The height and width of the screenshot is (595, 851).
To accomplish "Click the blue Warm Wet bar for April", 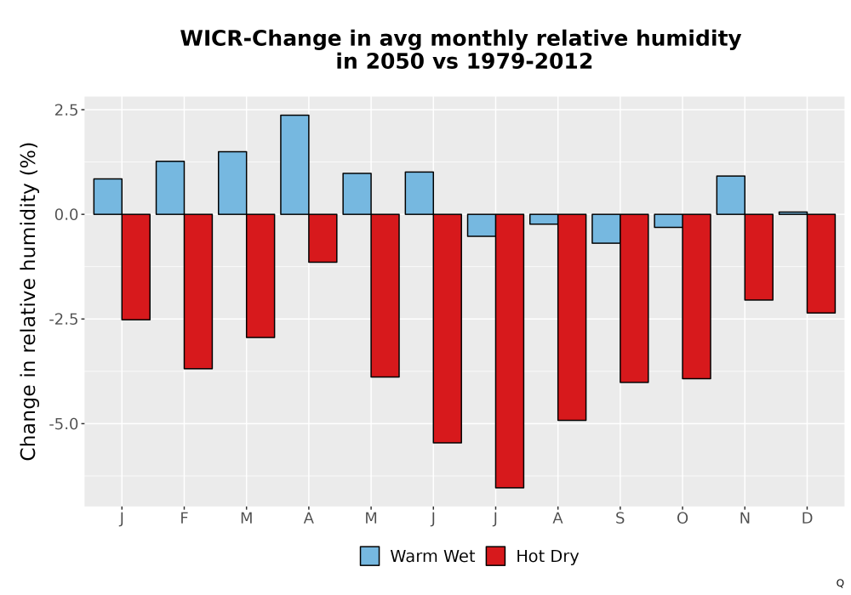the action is (x=294, y=165).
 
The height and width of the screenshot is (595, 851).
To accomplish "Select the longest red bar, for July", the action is (x=510, y=351).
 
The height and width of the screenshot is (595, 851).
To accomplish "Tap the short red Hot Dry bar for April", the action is (x=323, y=239).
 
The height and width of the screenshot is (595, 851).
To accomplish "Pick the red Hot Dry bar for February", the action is (x=198, y=292).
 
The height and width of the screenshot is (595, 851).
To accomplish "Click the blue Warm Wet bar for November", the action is (x=730, y=195).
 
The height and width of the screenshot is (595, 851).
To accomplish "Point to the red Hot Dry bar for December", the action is (x=821, y=263).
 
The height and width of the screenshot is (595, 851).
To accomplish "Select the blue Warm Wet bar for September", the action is (x=606, y=229).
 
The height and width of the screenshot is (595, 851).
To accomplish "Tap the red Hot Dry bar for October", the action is (x=696, y=297).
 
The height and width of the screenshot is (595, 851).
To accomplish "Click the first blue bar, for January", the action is (x=107, y=196).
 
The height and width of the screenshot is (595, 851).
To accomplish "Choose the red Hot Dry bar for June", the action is (x=448, y=328).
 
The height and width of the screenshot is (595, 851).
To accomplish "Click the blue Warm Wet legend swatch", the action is (x=369, y=556).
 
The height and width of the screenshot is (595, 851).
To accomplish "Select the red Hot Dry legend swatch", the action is (x=495, y=556).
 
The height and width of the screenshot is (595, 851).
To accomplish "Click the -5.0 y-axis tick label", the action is (x=64, y=424).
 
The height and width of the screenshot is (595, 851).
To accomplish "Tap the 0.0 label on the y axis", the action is (x=66, y=214).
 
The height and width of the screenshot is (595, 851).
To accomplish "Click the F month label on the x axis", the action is (x=184, y=518).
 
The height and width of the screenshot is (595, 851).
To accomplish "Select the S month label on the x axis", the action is (x=620, y=518).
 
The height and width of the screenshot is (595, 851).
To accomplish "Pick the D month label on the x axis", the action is (x=807, y=518).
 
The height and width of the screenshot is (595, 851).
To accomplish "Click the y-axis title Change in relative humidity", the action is (x=28, y=301).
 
